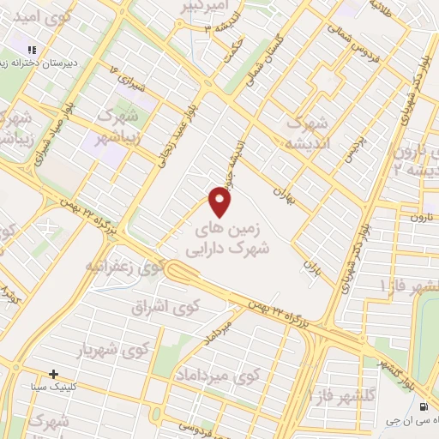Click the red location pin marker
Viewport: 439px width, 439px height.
click(x=221, y=201)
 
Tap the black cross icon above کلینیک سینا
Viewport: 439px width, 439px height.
click(x=54, y=374)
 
